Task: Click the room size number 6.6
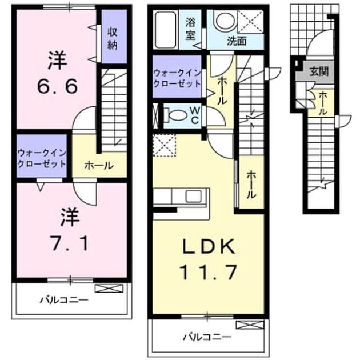point(57,86)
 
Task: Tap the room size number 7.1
point(69,244)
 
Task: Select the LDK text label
point(209,246)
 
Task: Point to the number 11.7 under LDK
point(209,272)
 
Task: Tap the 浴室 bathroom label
point(190,29)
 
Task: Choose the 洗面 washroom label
point(237,41)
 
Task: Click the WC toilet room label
point(195,115)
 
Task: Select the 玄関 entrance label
point(319,71)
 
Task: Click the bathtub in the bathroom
point(166,30)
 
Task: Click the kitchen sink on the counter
point(193,197)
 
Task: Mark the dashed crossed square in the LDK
point(165,145)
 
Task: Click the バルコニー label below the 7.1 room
point(64,300)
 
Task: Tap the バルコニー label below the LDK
point(207,337)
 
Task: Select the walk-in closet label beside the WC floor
point(177,78)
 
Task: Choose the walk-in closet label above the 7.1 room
point(42,158)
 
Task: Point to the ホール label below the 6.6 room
point(99,165)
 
